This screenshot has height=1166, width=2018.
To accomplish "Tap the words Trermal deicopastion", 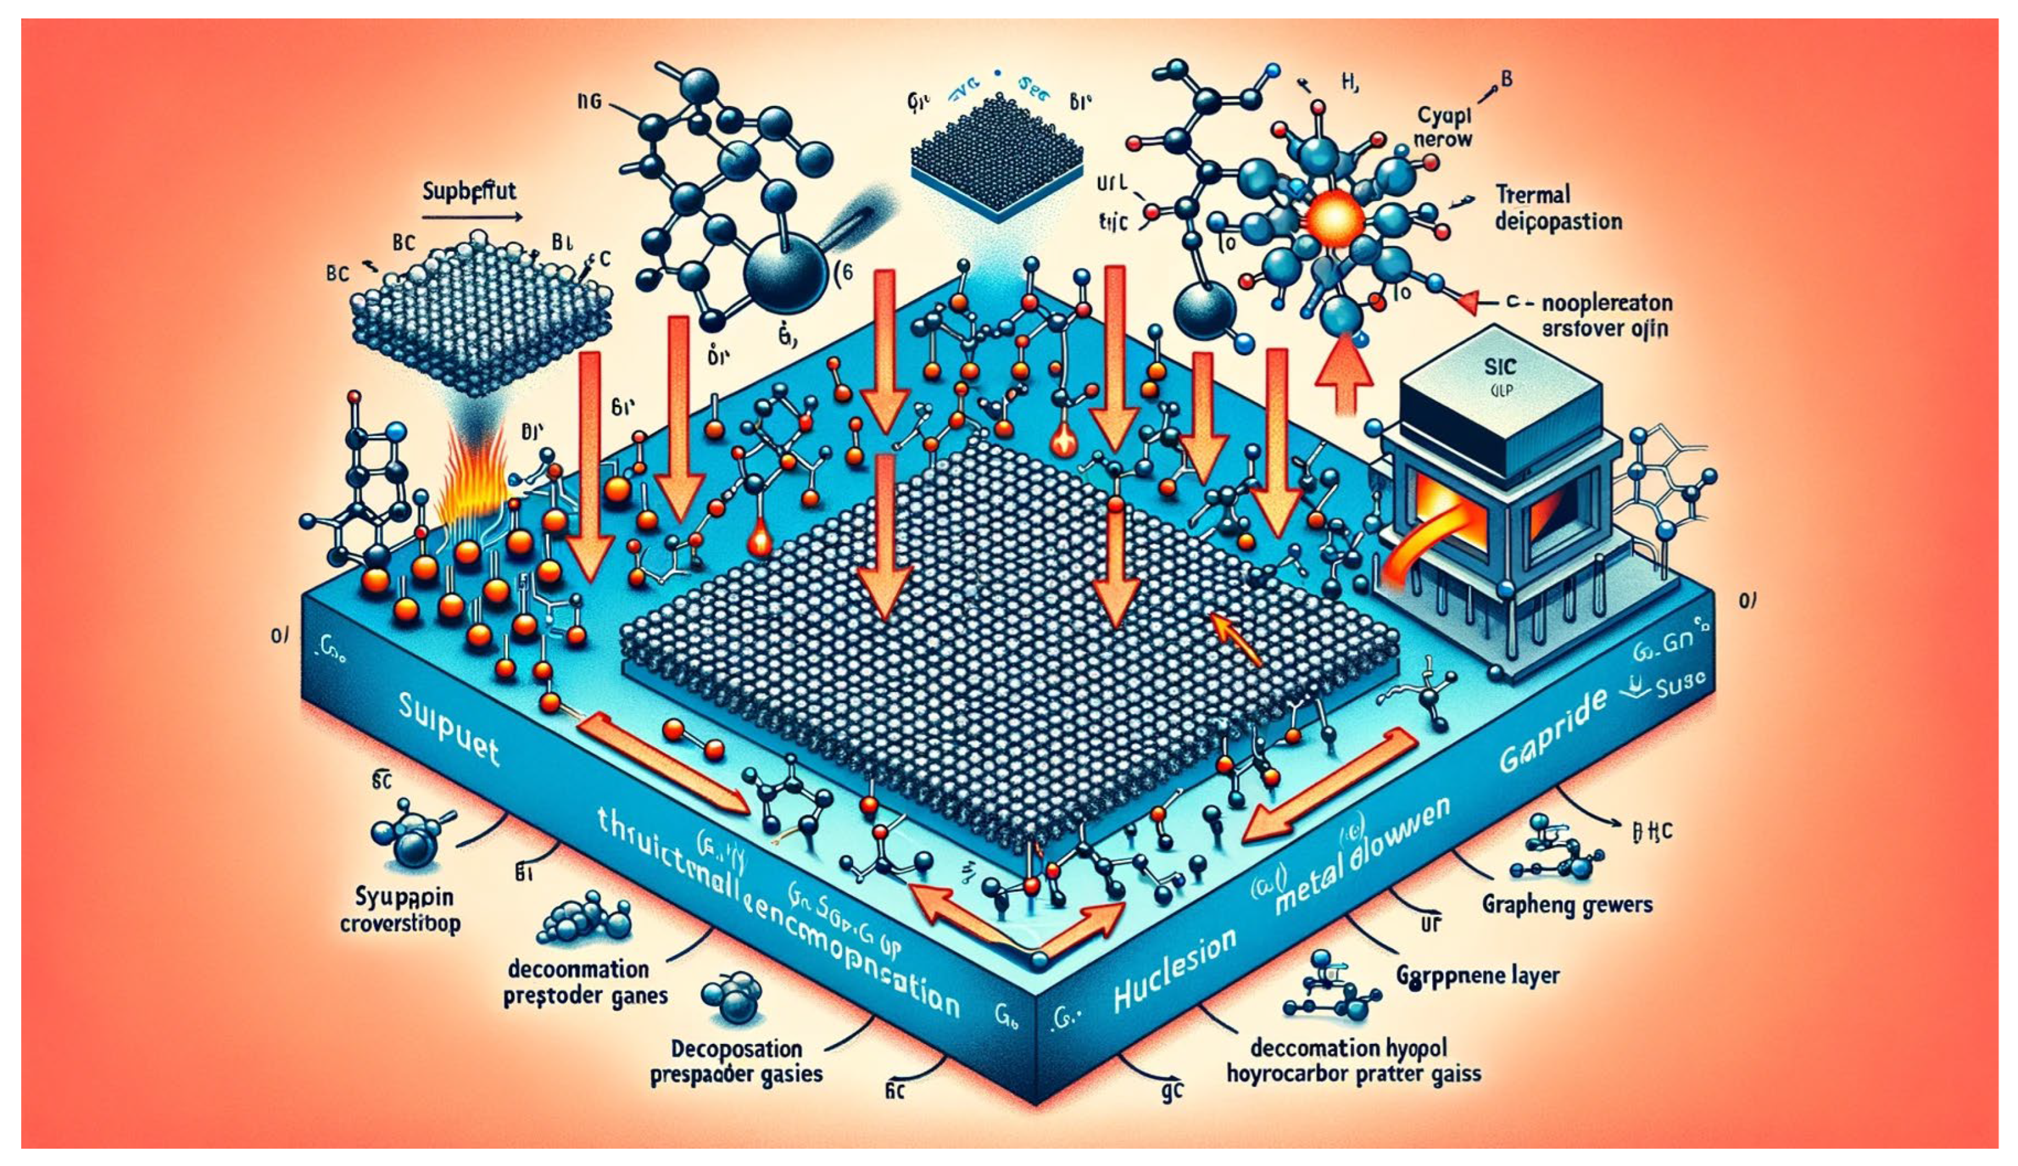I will [x=1557, y=208].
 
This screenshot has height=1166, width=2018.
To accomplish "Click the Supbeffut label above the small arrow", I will [x=469, y=192].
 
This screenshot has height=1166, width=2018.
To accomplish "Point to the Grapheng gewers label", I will [x=1566, y=905].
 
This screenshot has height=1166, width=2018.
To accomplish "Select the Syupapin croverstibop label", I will [x=400, y=910].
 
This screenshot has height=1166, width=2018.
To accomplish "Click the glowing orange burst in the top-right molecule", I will [x=1334, y=216].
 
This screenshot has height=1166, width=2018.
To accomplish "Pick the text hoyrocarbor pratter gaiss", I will [x=1353, y=1074].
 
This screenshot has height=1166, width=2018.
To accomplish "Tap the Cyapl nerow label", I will [x=1443, y=127].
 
